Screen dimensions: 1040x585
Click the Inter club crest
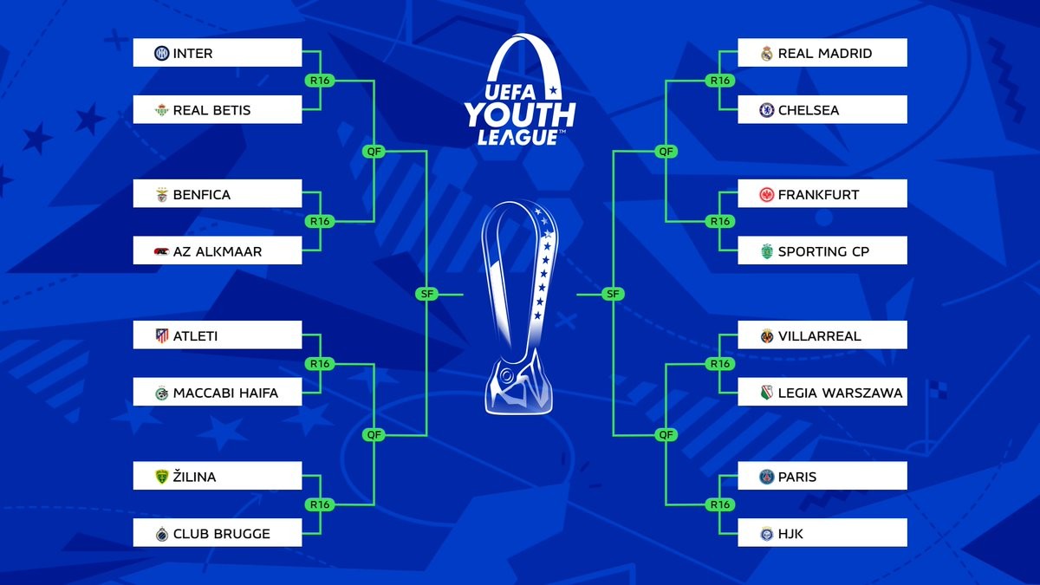click(x=161, y=54)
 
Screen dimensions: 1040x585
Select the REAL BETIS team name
click(x=211, y=111)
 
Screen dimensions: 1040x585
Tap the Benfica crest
click(x=162, y=194)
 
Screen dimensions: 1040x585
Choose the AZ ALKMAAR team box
click(x=218, y=250)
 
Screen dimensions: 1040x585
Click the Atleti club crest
click(x=162, y=335)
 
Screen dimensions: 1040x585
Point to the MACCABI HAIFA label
click(x=225, y=393)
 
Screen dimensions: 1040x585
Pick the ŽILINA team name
click(x=194, y=477)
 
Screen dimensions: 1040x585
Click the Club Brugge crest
click(x=162, y=534)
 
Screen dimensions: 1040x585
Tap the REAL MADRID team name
click(x=825, y=54)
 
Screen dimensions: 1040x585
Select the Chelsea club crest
click(x=766, y=111)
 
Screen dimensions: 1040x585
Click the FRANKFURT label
click(x=818, y=194)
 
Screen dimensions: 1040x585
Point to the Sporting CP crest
click(x=766, y=251)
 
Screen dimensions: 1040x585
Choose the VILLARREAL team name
click(x=820, y=336)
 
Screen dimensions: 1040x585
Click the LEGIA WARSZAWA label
click(x=841, y=393)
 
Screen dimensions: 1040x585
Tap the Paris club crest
click(x=766, y=477)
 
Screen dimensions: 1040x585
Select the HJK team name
click(x=790, y=534)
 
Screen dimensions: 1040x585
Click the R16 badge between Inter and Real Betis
click(x=320, y=81)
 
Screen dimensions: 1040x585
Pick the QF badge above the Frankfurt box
click(x=666, y=152)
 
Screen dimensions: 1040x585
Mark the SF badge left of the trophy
click(x=426, y=294)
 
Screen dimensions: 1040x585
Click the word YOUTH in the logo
click(x=520, y=114)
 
